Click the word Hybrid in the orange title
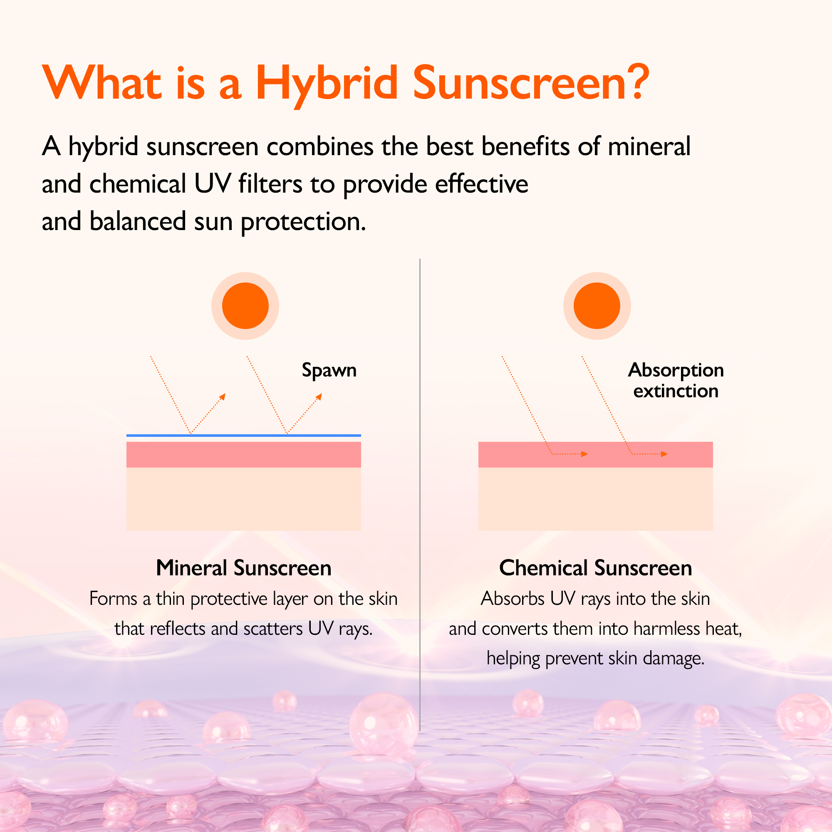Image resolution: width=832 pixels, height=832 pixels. tap(327, 84)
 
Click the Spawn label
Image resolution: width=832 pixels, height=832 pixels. tap(329, 370)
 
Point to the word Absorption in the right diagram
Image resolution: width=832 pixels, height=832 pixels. tap(676, 370)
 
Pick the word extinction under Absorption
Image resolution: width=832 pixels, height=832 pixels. tap(676, 391)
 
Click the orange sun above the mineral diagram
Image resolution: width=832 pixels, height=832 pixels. tap(245, 306)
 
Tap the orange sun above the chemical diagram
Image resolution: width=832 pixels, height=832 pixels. tap(597, 306)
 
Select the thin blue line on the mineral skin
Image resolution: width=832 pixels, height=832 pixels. tap(244, 436)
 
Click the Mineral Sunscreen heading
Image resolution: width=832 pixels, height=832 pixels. tap(244, 567)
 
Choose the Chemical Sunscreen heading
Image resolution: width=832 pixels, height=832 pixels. tap(596, 567)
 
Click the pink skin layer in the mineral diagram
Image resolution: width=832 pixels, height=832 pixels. tap(244, 454)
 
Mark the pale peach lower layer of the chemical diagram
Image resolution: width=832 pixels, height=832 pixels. tap(596, 499)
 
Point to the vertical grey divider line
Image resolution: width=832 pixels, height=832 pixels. tap(420, 495)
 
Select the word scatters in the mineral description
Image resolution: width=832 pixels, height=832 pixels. tap(273, 629)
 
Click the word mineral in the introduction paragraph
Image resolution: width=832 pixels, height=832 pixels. tap(649, 146)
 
